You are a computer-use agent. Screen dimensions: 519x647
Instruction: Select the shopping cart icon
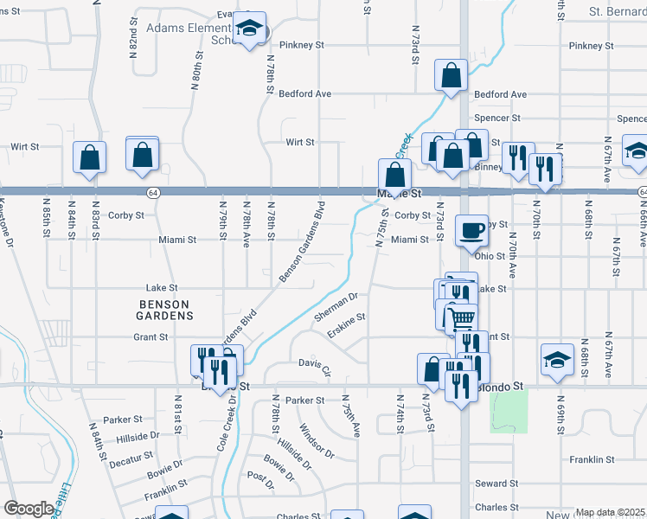(x=462, y=318)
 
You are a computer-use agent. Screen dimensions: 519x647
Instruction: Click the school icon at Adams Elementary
(x=251, y=30)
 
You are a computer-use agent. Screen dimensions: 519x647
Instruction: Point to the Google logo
(x=29, y=509)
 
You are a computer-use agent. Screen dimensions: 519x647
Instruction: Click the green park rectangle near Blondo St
(x=509, y=410)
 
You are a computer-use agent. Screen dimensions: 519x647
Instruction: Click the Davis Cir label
(x=315, y=367)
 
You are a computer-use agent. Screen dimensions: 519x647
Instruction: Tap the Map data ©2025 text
(x=611, y=512)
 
